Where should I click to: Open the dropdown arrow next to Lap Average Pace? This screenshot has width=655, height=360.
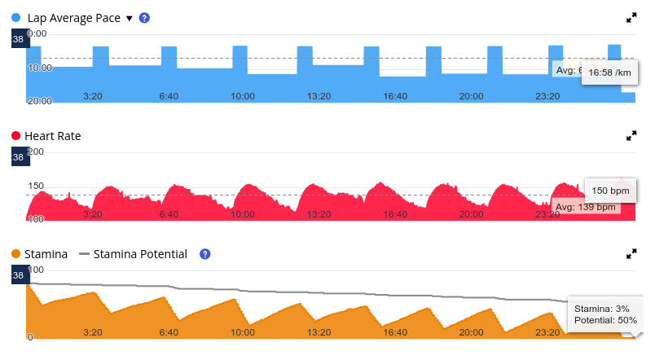coord(129,18)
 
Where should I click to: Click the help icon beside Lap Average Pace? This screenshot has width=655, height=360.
coord(144,17)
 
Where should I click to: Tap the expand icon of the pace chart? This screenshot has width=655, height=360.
coord(631,17)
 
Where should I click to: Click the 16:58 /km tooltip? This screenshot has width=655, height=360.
coord(610,72)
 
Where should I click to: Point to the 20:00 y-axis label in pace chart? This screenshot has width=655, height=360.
coord(39,101)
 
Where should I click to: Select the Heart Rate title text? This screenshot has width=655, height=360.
coord(53,135)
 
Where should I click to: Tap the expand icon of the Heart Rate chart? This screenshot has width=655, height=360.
coord(631,135)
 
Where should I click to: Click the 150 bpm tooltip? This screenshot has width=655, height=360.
coord(610,191)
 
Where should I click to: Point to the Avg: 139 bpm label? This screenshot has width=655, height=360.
coord(585,207)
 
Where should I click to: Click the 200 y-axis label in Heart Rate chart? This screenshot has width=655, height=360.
coord(37,152)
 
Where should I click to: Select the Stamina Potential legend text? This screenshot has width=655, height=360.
coord(140,254)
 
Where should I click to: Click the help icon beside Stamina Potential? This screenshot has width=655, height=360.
coord(205,254)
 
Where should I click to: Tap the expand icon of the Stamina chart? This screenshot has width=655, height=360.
coord(631,254)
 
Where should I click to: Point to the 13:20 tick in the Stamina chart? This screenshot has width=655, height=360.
coord(319,332)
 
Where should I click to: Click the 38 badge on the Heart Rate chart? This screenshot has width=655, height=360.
coord(18,157)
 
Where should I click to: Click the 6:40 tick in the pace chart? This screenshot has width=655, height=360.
coord(169,96)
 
